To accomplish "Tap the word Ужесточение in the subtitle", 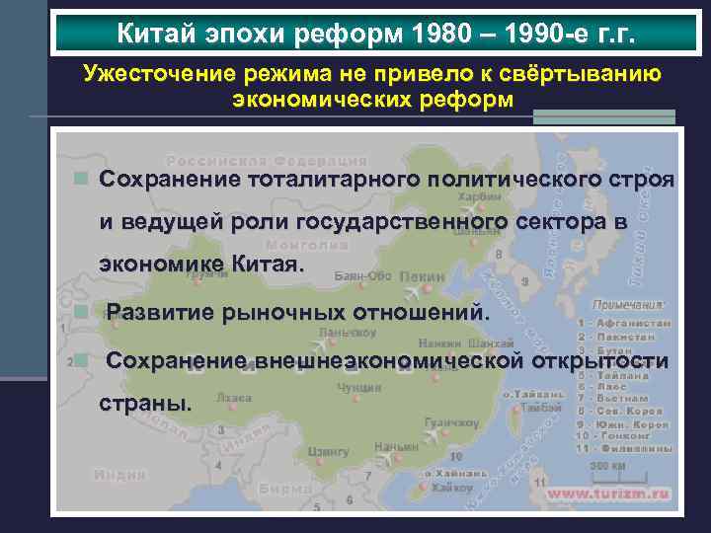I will [x=145, y=73].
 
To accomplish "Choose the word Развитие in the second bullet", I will [x=158, y=312].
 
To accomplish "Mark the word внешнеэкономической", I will [x=387, y=360].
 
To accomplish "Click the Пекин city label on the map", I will [x=424, y=276].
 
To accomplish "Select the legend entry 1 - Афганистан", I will [x=629, y=323].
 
